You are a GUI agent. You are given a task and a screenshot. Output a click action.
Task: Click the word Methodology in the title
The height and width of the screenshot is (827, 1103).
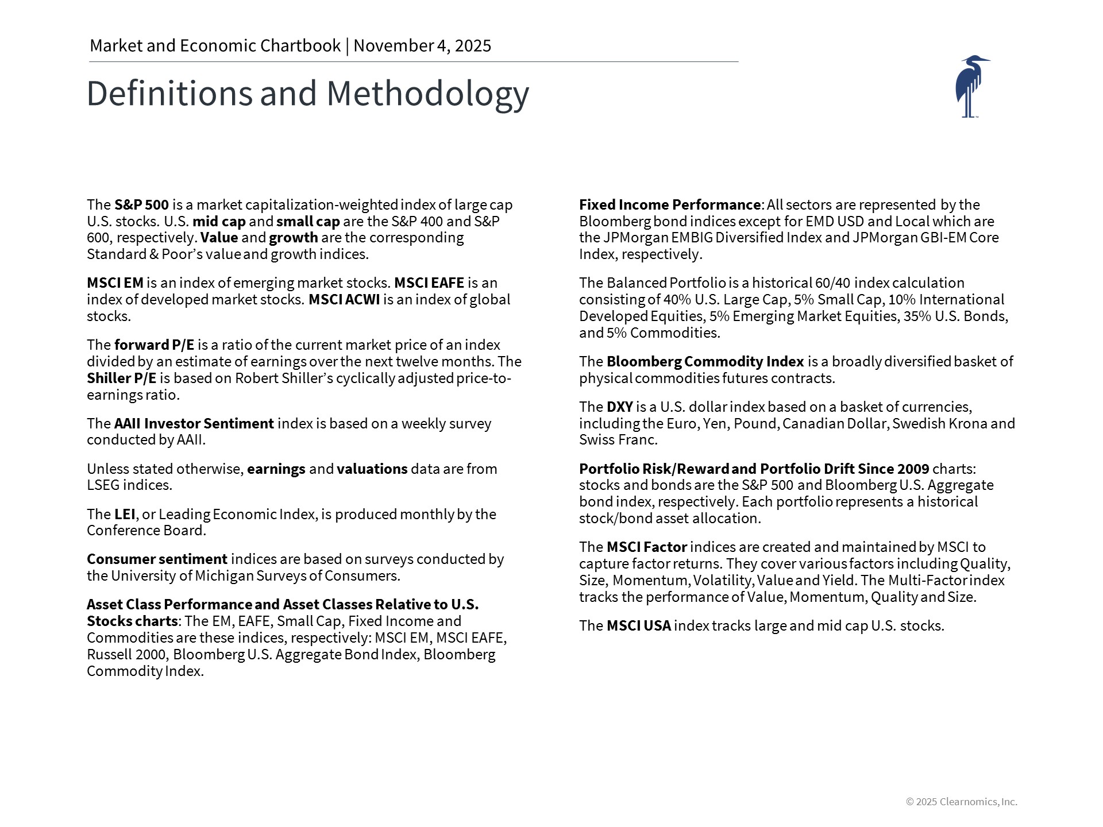click(427, 94)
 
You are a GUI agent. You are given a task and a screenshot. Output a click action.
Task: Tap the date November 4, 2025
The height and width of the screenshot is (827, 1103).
click(422, 46)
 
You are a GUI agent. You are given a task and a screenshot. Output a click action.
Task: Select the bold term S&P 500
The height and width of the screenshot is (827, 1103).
click(141, 205)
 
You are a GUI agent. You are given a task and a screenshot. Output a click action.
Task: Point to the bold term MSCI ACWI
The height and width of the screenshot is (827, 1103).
click(344, 300)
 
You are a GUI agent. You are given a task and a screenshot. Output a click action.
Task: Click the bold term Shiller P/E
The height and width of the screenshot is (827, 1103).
click(121, 378)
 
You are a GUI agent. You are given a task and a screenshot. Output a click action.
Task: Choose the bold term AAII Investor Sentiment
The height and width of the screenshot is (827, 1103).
click(194, 424)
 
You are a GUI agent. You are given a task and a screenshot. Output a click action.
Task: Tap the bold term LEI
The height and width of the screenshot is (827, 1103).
click(124, 514)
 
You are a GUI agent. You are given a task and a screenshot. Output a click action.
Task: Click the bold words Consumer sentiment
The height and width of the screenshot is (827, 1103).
click(157, 559)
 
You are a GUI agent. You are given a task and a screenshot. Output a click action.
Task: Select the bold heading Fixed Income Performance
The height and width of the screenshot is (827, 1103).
click(669, 205)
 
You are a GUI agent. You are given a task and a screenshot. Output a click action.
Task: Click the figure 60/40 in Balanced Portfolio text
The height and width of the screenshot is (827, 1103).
click(832, 283)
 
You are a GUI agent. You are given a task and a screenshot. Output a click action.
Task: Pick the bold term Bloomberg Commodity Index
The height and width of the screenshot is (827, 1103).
click(705, 362)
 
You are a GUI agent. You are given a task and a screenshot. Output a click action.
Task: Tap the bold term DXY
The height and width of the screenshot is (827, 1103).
click(619, 407)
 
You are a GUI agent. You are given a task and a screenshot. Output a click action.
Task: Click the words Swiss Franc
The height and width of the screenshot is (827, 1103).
click(618, 440)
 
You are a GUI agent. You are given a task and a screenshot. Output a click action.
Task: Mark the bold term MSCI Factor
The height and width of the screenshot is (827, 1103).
click(646, 547)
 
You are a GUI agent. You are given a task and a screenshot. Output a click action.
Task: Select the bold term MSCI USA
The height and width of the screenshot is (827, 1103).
click(638, 626)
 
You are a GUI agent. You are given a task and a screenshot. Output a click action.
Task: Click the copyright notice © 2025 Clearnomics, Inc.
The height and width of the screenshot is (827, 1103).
click(961, 802)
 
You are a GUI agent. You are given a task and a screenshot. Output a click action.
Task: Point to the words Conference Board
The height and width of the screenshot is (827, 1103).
click(146, 531)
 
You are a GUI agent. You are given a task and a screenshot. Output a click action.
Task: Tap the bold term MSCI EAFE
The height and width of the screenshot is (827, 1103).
click(429, 283)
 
